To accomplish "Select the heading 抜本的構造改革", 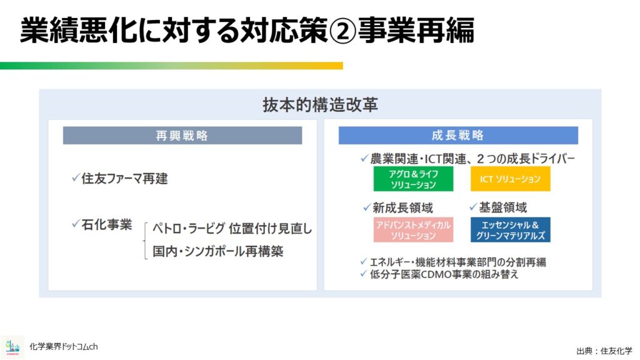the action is pyautogui.click(x=320, y=105).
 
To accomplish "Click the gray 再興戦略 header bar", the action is pyautogui.click(x=182, y=136).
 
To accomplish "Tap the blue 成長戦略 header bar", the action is pyautogui.click(x=458, y=136).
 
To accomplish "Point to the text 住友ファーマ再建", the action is pyautogui.click(x=124, y=178).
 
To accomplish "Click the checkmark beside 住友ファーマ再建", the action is pyautogui.click(x=76, y=177).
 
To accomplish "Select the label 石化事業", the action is pyautogui.click(x=106, y=224).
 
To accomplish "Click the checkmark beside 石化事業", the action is pyautogui.click(x=76, y=224).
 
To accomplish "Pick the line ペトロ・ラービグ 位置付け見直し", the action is pyautogui.click(x=232, y=229).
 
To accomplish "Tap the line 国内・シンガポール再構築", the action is pyautogui.click(x=218, y=251).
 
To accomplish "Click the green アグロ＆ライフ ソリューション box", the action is pyautogui.click(x=413, y=179).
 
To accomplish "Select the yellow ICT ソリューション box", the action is pyautogui.click(x=510, y=179).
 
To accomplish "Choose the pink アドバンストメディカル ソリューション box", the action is pyautogui.click(x=413, y=230).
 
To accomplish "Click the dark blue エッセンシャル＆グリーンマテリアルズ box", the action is pyautogui.click(x=510, y=230).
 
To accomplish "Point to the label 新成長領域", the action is pyautogui.click(x=402, y=208).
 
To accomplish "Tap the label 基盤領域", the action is pyautogui.click(x=503, y=207).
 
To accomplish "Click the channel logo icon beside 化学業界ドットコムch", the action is pyautogui.click(x=12, y=347).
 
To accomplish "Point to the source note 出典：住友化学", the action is pyautogui.click(x=604, y=351).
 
